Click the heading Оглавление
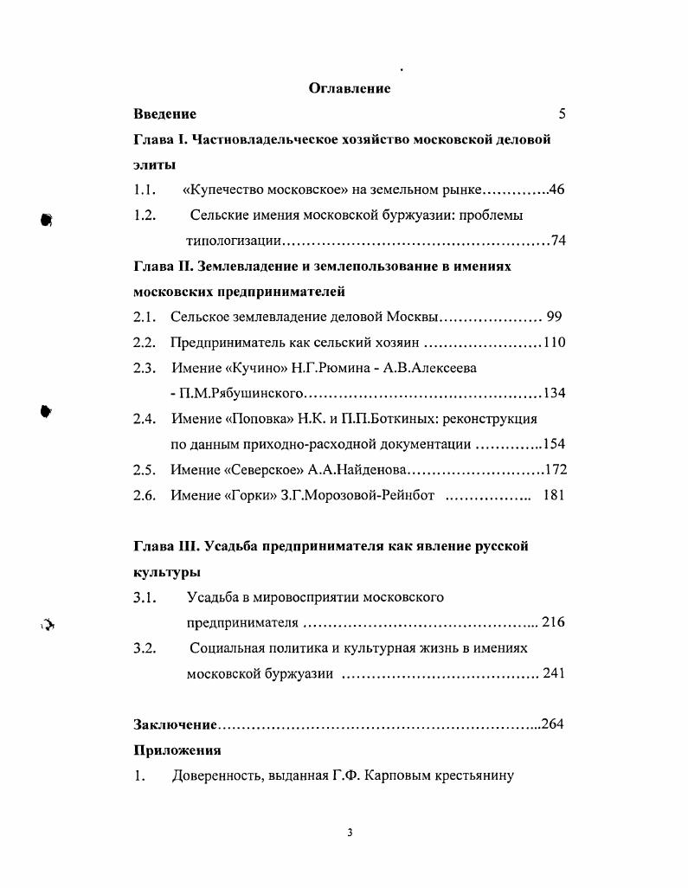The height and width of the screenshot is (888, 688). (x=350, y=88)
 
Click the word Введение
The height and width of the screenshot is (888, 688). (x=164, y=114)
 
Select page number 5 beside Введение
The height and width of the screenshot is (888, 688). (x=562, y=114)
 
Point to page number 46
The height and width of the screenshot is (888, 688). (x=556, y=190)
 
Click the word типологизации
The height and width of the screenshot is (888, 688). (x=232, y=241)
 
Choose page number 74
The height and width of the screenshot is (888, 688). (x=557, y=241)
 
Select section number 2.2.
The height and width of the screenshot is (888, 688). (x=144, y=343)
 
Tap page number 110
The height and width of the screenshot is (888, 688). (x=554, y=343)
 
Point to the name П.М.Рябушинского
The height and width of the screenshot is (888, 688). (x=238, y=394)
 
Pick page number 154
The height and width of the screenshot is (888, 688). (x=554, y=445)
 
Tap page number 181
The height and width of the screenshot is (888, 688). (x=554, y=496)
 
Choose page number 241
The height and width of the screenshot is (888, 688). (x=554, y=673)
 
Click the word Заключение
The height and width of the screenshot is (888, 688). (x=175, y=724)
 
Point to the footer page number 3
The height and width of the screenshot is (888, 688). (x=350, y=833)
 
